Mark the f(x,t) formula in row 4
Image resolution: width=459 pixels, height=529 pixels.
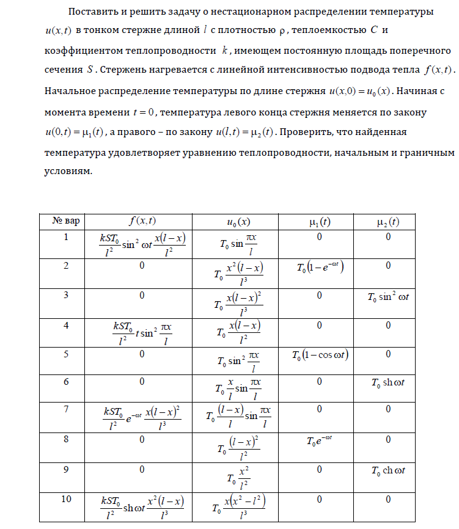(x=142, y=333)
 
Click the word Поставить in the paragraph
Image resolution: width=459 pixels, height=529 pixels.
(x=91, y=12)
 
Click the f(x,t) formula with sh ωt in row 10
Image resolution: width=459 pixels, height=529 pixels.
(x=142, y=508)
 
